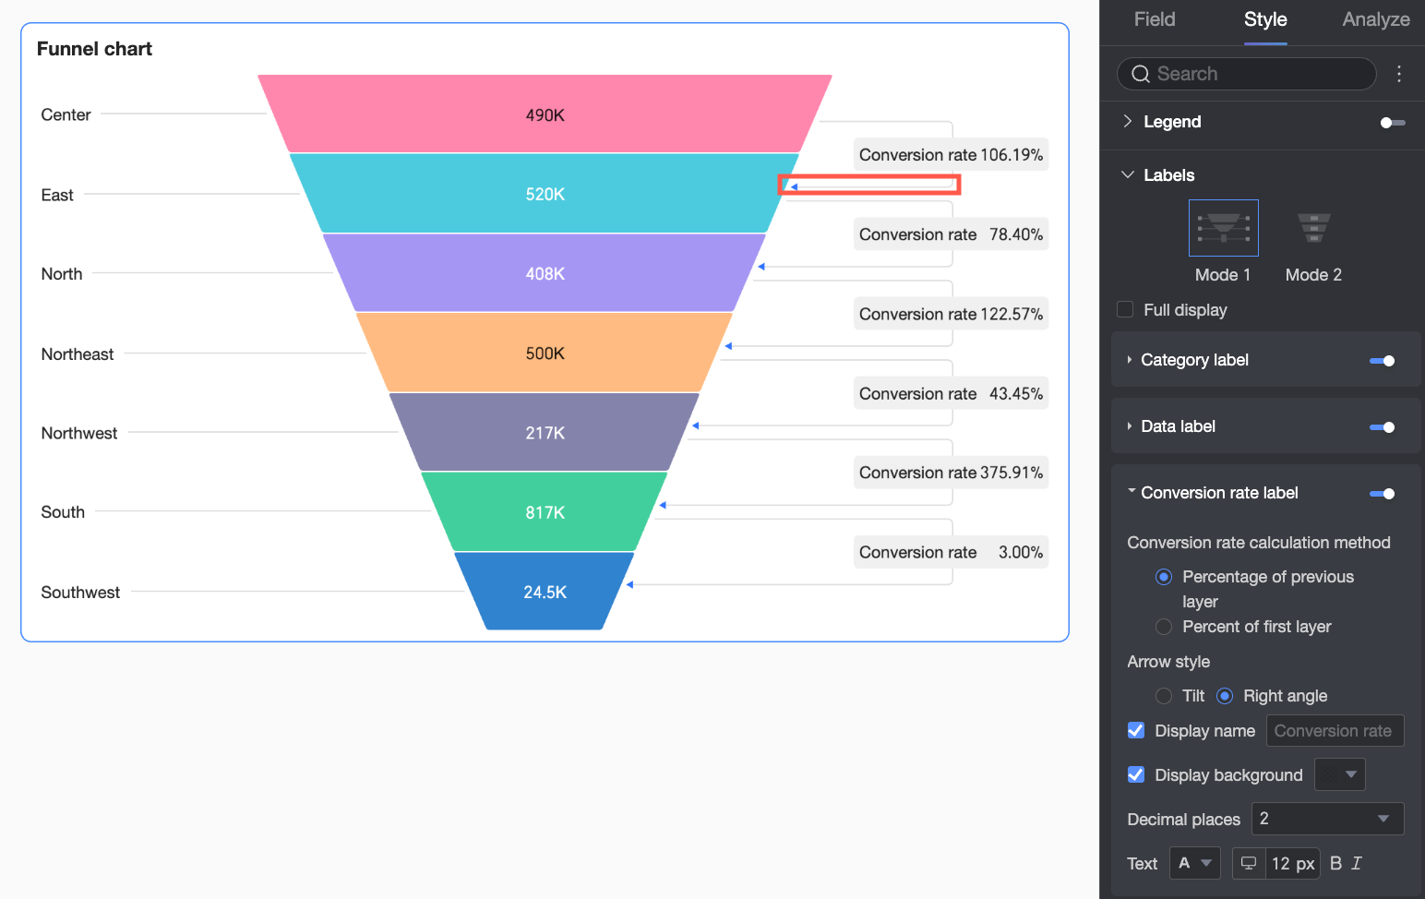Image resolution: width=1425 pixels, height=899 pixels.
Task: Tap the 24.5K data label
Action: pos(545,593)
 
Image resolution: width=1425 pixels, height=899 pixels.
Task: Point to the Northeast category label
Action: pos(78,354)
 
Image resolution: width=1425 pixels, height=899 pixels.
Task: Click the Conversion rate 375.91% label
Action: pos(951,473)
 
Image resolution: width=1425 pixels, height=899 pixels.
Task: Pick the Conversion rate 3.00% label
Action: pos(951,552)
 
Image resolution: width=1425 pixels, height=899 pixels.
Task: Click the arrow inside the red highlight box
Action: pos(793,186)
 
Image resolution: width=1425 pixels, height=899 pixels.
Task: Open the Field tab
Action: pos(1155,19)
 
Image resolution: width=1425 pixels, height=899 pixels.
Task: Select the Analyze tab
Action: pos(1375,19)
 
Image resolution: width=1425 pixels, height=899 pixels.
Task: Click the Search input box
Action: pos(1246,74)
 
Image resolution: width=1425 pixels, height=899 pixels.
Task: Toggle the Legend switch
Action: pos(1392,123)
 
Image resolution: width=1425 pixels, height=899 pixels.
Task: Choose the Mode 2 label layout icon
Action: pos(1313,228)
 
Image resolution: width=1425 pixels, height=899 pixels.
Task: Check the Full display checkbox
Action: pos(1125,309)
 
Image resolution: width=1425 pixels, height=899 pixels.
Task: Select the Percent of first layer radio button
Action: pos(1164,627)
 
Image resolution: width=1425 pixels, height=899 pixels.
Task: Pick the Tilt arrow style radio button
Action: pos(1164,696)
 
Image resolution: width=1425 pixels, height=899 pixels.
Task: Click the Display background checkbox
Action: pos(1136,774)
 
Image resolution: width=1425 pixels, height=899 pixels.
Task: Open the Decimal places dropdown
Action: pos(1326,819)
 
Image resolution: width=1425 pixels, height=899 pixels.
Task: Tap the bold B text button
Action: pos(1335,863)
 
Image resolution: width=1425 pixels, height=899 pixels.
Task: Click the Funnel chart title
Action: pos(94,49)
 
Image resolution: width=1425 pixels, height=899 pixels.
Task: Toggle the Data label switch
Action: pos(1382,427)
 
